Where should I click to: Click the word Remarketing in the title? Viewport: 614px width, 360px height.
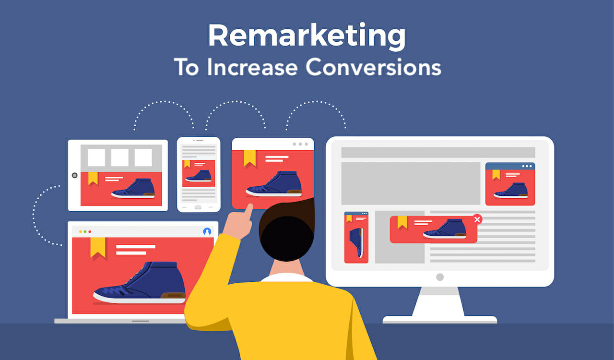pyautogui.click(x=307, y=37)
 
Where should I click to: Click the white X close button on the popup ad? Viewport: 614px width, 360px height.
pyautogui.click(x=477, y=219)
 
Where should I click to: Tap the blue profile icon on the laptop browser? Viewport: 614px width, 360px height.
pyautogui.click(x=207, y=231)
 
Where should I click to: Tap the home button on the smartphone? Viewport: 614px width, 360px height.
pyautogui.click(x=198, y=207)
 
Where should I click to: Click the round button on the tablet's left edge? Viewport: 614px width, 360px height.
pyautogui.click(x=74, y=175)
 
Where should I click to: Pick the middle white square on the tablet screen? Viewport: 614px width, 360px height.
pyautogui.click(x=120, y=157)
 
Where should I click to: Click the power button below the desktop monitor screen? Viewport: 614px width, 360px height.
pyautogui.click(x=439, y=277)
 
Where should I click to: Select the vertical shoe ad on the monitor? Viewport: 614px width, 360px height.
pyautogui.click(x=356, y=238)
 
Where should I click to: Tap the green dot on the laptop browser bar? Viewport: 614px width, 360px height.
pyautogui.click(x=85, y=231)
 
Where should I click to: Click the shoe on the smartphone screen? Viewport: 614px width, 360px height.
pyautogui.click(x=199, y=176)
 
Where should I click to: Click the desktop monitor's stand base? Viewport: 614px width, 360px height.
pyautogui.click(x=439, y=319)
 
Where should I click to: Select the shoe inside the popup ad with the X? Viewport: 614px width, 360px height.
pyautogui.click(x=445, y=230)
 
